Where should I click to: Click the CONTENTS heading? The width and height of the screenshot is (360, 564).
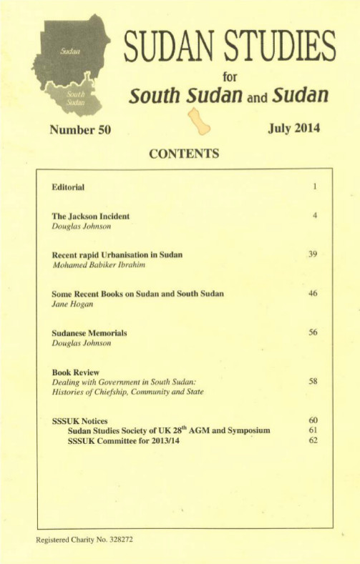coord(184,153)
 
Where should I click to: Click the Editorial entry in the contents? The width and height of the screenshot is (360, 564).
coord(69,187)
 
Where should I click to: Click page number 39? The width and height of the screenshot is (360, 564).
coord(313,254)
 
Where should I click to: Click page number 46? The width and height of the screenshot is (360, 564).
coord(313,294)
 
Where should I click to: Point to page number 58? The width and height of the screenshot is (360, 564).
coord(313,382)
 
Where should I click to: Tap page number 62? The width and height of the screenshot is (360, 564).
coord(313,440)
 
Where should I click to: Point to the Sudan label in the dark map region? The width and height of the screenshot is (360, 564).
coord(69,54)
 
